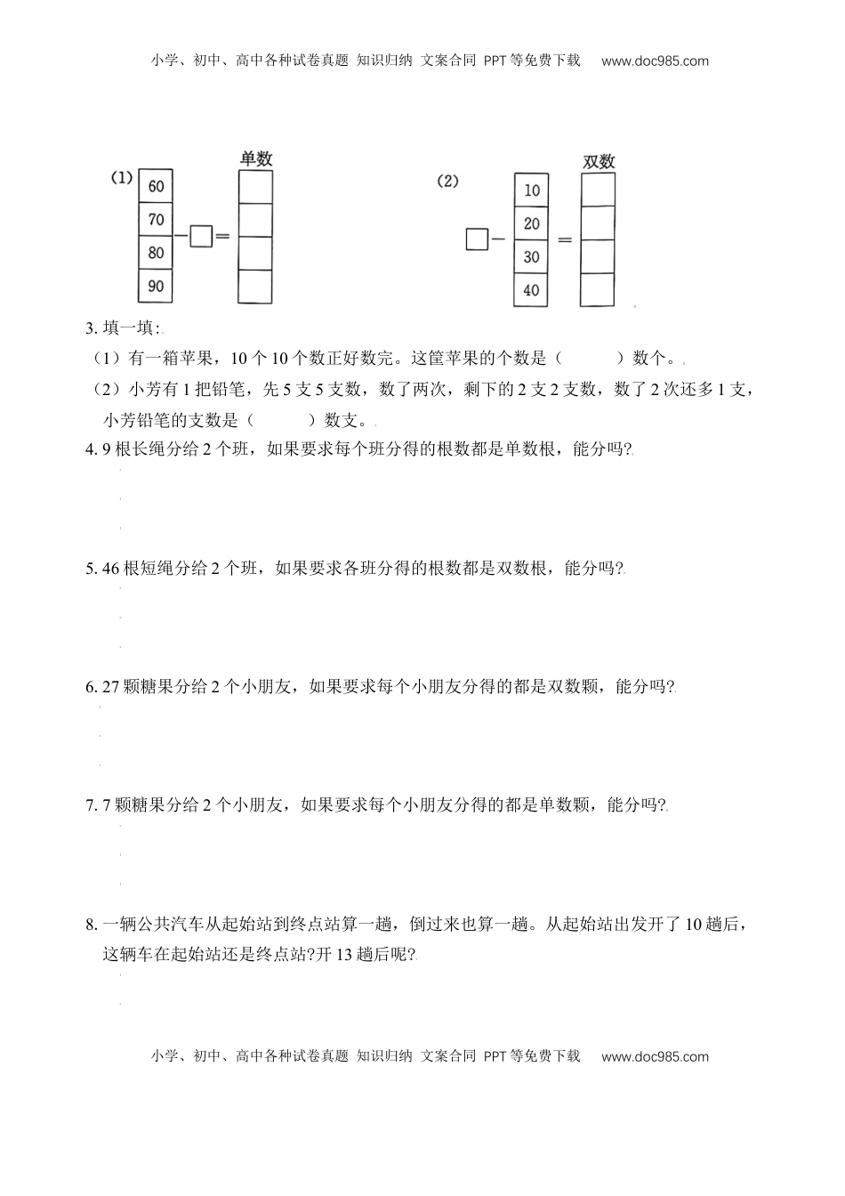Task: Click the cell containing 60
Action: click(x=157, y=187)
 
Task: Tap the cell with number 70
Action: click(x=157, y=220)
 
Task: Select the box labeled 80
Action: click(x=157, y=253)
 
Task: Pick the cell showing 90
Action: click(x=157, y=286)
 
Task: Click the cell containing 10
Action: click(x=532, y=190)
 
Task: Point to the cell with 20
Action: click(x=532, y=223)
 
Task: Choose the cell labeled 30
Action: click(x=532, y=256)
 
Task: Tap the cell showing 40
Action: click(x=532, y=290)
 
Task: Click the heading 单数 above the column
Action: click(x=256, y=159)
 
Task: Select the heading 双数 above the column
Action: click(x=599, y=162)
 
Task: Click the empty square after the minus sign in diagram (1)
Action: click(x=201, y=237)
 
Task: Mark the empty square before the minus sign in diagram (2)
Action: click(x=477, y=239)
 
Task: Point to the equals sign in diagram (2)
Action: click(x=564, y=240)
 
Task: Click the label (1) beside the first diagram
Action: click(x=122, y=178)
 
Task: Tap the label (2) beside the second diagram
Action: click(x=447, y=181)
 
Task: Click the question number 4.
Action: click(x=90, y=450)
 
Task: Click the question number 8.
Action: click(x=90, y=925)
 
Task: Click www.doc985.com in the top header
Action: click(x=655, y=61)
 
